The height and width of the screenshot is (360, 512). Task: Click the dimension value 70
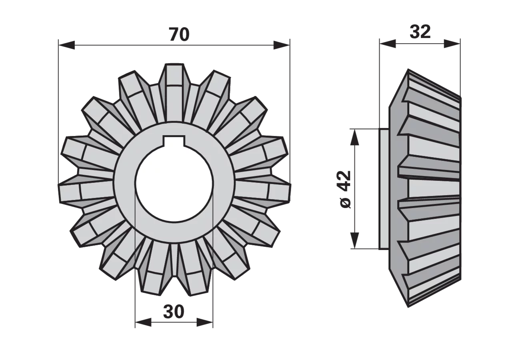(180, 34)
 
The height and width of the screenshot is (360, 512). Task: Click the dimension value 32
(420, 32)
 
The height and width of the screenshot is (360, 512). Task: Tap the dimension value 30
(174, 312)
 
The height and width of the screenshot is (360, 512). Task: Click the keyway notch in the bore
(174, 141)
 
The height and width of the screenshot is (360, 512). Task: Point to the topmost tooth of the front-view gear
(175, 92)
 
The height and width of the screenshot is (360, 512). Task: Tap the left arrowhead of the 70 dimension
(67, 45)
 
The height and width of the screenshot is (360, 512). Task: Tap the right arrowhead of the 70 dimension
(282, 45)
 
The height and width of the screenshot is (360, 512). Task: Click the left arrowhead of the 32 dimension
(388, 44)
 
